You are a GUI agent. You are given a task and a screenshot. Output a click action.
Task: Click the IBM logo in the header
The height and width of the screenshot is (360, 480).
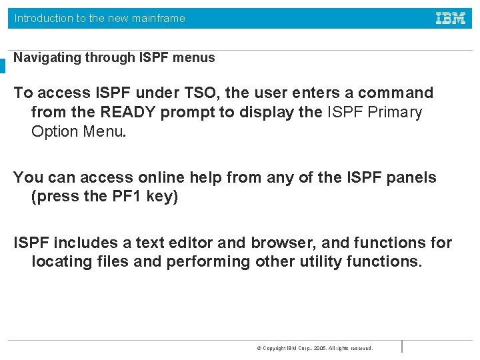[451, 19]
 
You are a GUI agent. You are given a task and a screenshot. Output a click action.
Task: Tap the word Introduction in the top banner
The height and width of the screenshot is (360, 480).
[43, 19]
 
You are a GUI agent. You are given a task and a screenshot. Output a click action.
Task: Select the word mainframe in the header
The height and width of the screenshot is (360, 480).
[158, 19]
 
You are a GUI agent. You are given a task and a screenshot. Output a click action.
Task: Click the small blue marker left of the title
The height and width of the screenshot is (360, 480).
[3, 66]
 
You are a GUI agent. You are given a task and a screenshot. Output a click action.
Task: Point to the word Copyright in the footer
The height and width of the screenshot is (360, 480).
[275, 349]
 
